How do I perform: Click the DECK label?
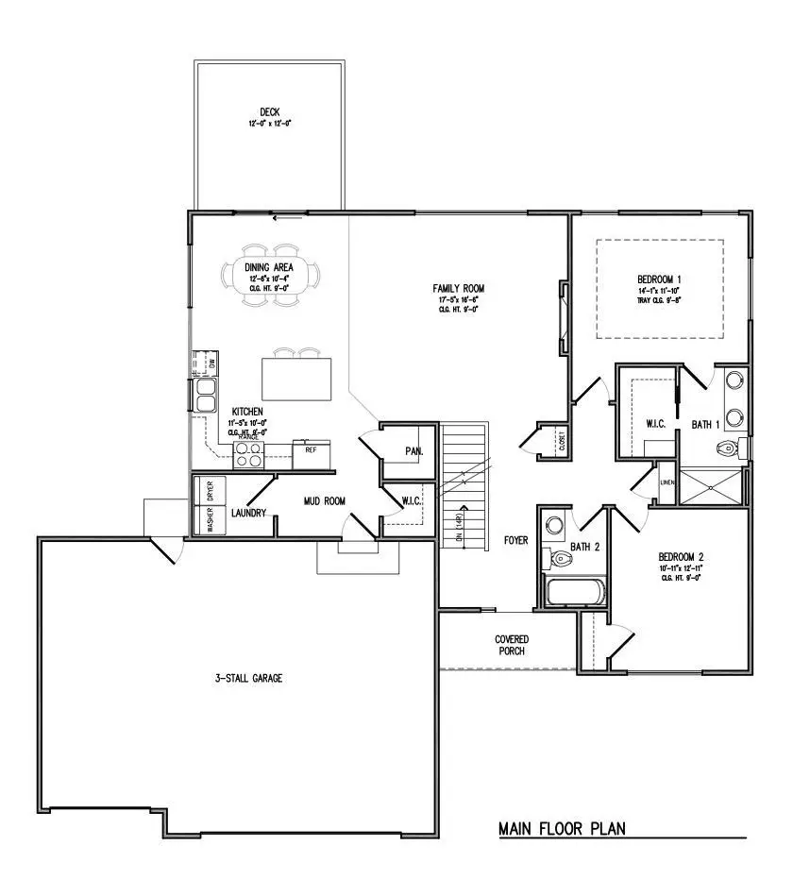coord(270,112)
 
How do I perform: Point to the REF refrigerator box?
coord(310,452)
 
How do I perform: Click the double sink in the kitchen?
coord(205,395)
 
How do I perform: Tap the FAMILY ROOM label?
coord(459,288)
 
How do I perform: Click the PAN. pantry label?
coord(413,451)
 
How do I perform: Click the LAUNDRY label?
coord(249,514)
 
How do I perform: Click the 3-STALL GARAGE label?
coord(247,678)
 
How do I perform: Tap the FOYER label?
coord(515,541)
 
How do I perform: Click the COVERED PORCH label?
coord(512,646)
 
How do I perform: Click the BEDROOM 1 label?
coord(660,279)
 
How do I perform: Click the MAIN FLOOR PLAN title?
coord(562,829)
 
